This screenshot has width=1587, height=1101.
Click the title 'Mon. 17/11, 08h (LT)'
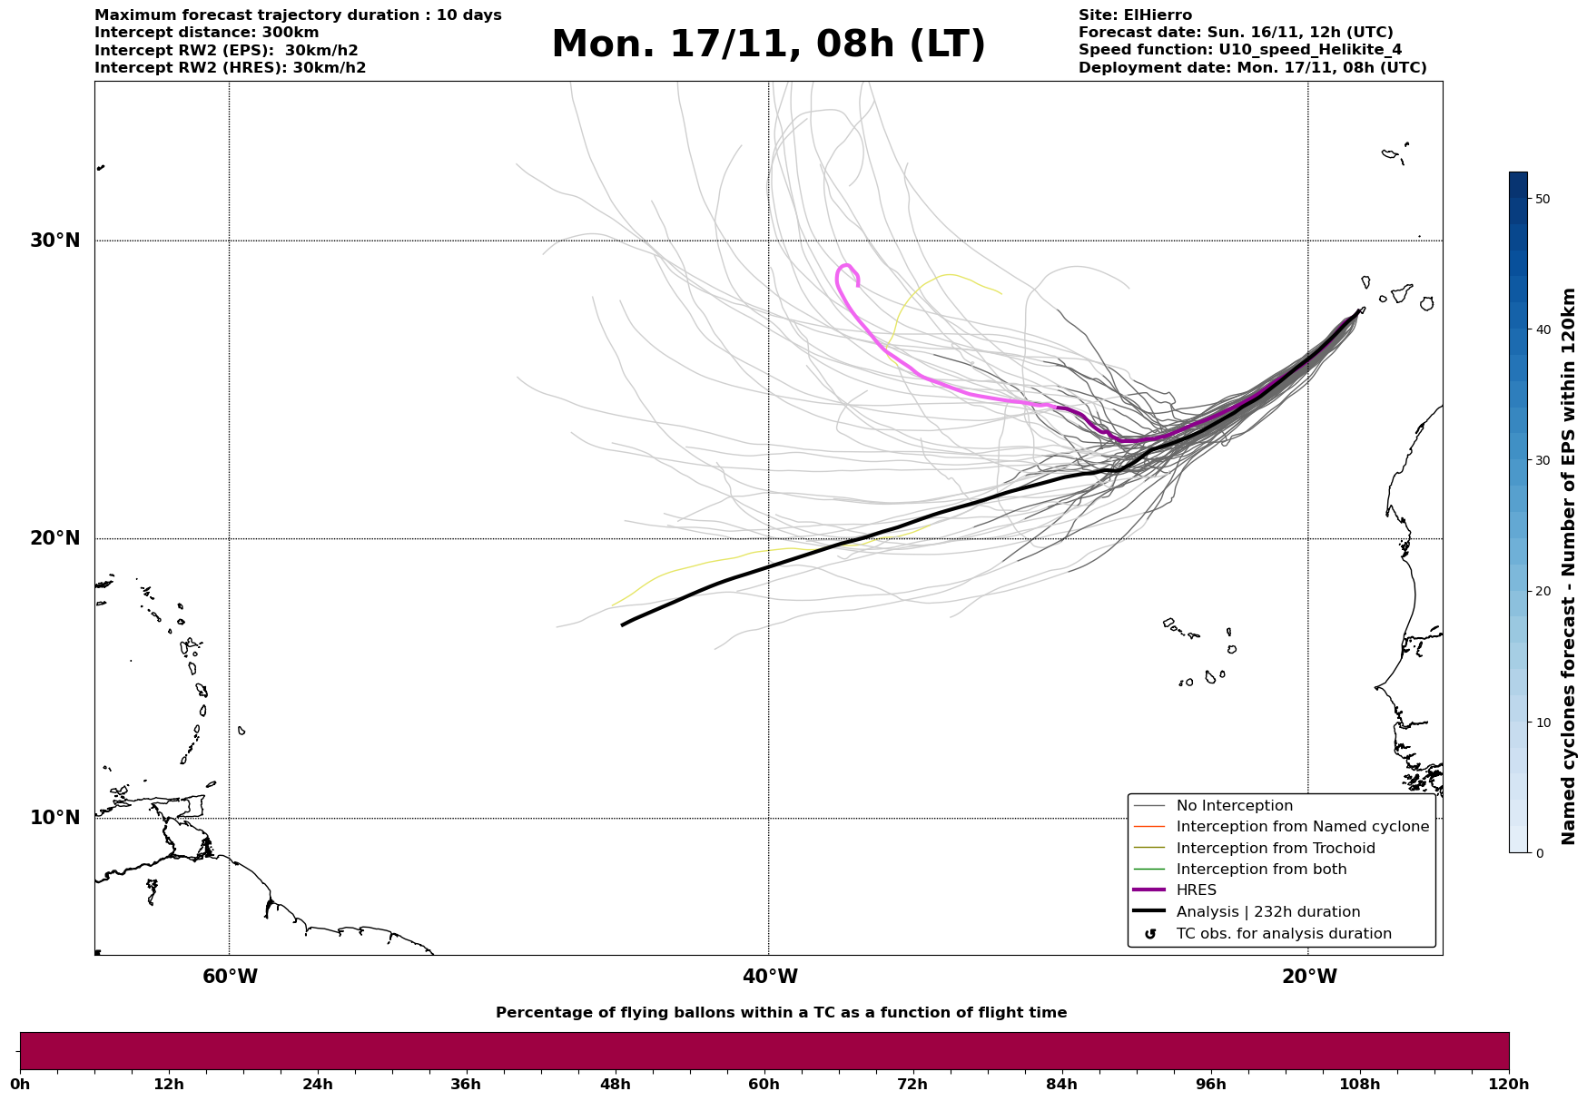(x=768, y=44)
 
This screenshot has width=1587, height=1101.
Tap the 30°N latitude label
(x=55, y=241)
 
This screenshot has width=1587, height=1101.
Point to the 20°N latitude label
(x=55, y=538)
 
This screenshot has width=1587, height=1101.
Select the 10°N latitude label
(x=55, y=818)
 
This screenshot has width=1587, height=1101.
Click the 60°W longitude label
(x=230, y=977)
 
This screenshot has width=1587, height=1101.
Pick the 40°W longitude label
(x=770, y=977)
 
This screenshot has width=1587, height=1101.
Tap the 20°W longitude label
(x=1309, y=977)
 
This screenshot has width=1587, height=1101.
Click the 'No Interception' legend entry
(x=1234, y=806)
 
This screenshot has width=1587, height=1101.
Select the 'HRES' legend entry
(x=1196, y=890)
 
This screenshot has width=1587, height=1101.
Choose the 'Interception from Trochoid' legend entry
(x=1275, y=849)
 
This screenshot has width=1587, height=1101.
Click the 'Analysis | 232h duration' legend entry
(x=1267, y=912)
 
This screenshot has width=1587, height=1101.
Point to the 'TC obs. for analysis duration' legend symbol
(x=1150, y=934)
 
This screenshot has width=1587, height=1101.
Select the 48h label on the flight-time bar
(x=615, y=1084)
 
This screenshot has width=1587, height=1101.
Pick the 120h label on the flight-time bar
(x=1509, y=1084)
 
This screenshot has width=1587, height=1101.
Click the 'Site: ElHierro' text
(x=1135, y=15)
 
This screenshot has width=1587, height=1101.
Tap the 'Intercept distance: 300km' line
(x=206, y=33)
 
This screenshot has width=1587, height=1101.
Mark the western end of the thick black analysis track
(x=623, y=624)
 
